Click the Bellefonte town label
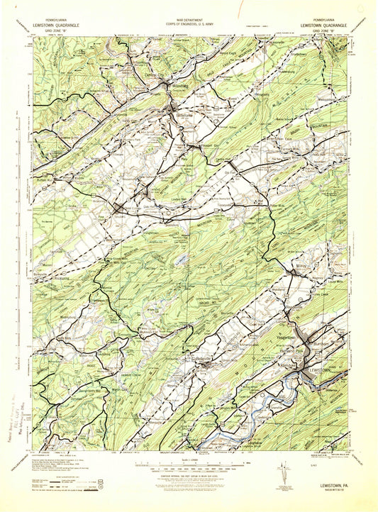[x=177, y=112]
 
